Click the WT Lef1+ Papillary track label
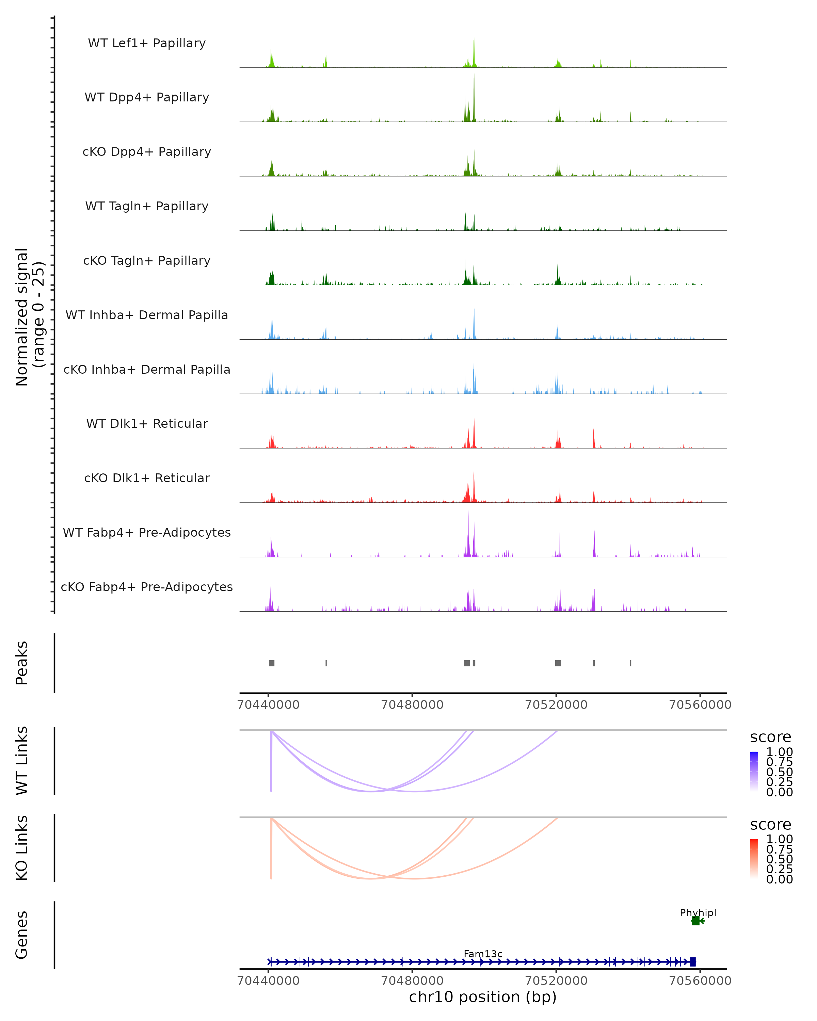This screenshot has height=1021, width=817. pos(147,43)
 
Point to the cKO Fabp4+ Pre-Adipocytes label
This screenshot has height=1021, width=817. pos(147,587)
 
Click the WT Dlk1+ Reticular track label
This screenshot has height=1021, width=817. pos(147,423)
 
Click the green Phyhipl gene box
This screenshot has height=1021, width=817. pos(695,921)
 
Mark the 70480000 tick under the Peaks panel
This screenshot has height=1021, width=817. pos(412,705)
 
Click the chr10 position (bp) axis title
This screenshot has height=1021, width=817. pos(483,997)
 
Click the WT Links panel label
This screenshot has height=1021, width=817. pos(22,761)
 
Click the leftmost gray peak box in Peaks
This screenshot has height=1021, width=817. pos(271,663)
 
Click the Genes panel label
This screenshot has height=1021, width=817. pos(22,935)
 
